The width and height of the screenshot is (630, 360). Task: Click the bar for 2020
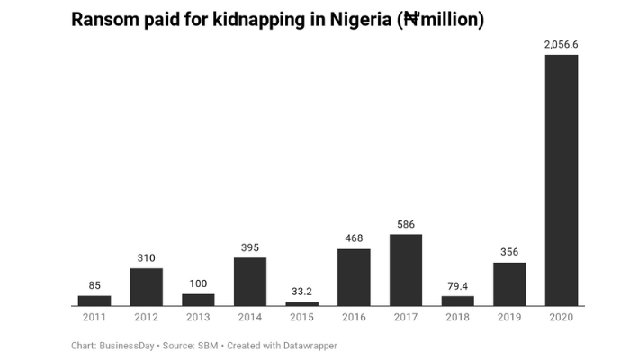pos(562,180)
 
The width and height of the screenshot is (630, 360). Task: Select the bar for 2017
pos(406,270)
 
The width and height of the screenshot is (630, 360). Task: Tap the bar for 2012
pos(147,287)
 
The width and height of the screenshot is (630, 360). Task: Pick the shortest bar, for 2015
pos(301,304)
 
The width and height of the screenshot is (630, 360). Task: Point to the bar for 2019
pos(509,284)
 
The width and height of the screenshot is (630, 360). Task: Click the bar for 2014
pos(250,282)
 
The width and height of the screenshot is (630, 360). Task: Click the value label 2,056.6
pos(562,43)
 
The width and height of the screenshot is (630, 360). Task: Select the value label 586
pos(406,223)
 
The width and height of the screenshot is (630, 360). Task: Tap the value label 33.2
pos(301,292)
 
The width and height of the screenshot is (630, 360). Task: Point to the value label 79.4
pos(458,286)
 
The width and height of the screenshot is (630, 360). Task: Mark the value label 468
pos(354,238)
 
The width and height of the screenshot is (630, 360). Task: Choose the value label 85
pos(94,285)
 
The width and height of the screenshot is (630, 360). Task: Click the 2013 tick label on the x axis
pos(198,318)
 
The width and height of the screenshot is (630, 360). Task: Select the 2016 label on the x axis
pos(354,318)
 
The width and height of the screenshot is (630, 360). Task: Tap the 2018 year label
pos(458,318)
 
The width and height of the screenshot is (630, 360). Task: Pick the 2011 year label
pos(94,318)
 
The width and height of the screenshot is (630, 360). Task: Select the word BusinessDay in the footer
pos(128,346)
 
